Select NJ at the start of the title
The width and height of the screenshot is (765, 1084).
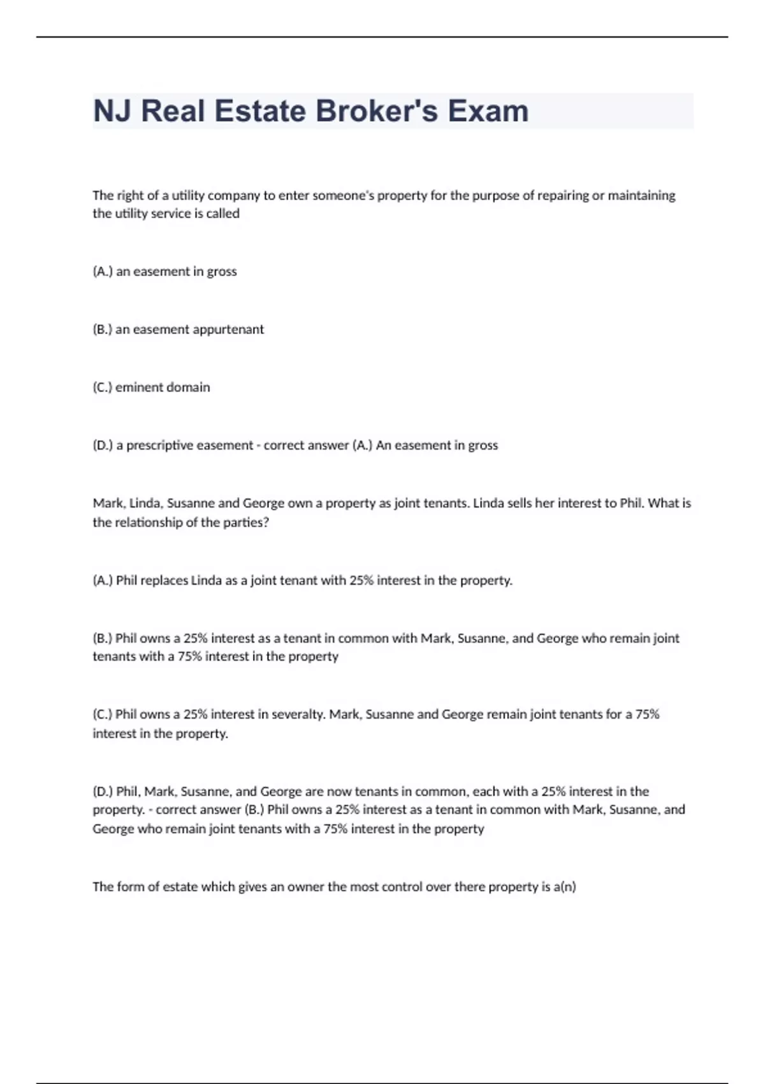coord(113,111)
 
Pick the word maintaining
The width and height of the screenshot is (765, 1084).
coord(641,195)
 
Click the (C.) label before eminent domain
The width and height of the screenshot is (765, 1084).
coord(102,388)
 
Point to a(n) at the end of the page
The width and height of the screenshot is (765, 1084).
coord(565,886)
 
